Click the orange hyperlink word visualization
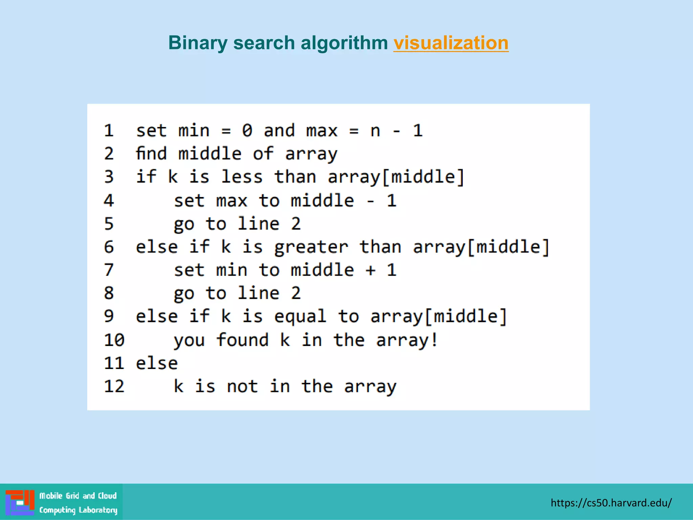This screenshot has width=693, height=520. point(451,43)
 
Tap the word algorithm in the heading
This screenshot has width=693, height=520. point(344,43)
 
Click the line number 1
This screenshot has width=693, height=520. point(109,131)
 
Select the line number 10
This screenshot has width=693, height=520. point(114,340)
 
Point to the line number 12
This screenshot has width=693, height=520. point(114,386)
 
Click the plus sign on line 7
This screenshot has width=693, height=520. point(371,270)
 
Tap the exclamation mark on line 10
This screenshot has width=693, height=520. point(434,340)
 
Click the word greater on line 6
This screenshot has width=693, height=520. point(311,247)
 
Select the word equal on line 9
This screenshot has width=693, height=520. point(300,317)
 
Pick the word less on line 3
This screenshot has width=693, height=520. point(242,177)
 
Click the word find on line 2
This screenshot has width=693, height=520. point(151,153)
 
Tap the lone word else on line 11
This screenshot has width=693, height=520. point(157,363)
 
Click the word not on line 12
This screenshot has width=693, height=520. point(242,386)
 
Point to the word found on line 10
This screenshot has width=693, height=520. point(242,340)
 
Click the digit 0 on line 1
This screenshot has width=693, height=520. point(247,131)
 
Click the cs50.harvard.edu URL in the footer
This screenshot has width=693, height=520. point(611,503)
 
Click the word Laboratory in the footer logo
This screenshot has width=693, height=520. point(98,510)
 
